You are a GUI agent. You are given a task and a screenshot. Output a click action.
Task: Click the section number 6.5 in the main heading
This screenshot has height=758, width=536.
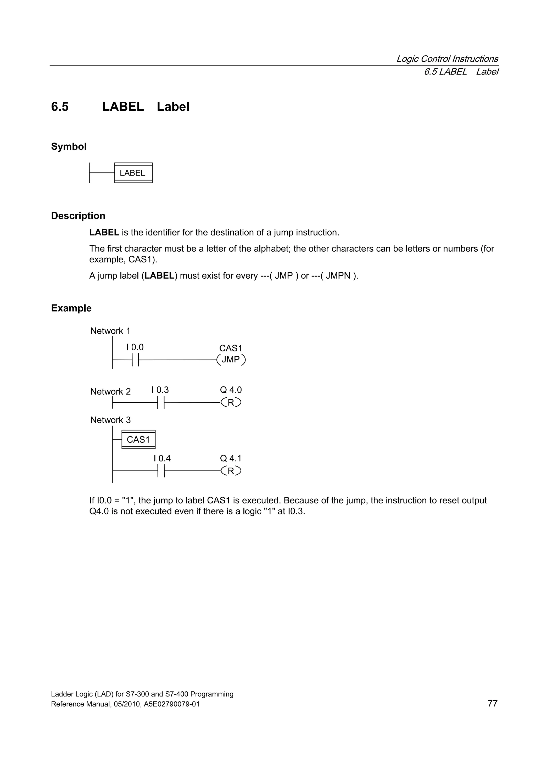click(60, 107)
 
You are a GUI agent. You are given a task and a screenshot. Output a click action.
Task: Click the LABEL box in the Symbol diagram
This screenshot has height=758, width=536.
click(133, 173)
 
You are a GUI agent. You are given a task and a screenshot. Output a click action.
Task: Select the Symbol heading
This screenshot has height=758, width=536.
click(69, 146)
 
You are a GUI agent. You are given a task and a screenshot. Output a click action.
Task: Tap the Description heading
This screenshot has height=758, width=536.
click(78, 216)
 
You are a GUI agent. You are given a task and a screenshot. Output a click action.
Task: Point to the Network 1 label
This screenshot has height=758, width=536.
click(110, 331)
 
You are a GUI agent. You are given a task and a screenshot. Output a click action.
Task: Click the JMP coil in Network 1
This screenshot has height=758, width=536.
click(231, 360)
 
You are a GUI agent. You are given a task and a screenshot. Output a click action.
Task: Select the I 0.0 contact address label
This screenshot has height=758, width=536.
click(135, 347)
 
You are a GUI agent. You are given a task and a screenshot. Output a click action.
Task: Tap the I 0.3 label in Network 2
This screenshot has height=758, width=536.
click(160, 390)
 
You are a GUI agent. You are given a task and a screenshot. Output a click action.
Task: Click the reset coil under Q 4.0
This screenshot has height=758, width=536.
click(231, 402)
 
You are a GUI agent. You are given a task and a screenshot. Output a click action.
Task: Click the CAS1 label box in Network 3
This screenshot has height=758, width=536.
click(138, 439)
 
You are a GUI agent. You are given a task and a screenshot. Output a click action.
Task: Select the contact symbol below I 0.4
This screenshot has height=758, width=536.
click(161, 470)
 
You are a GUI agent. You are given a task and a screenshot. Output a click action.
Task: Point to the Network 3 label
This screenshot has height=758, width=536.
click(110, 420)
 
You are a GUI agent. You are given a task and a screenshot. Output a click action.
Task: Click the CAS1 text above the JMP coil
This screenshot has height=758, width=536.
click(231, 348)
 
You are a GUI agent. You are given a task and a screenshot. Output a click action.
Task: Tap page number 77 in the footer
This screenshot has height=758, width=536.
click(492, 703)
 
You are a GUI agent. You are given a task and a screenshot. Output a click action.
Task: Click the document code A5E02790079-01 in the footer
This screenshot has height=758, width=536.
click(172, 704)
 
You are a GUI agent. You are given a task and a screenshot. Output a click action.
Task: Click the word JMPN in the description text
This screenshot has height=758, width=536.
click(338, 276)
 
